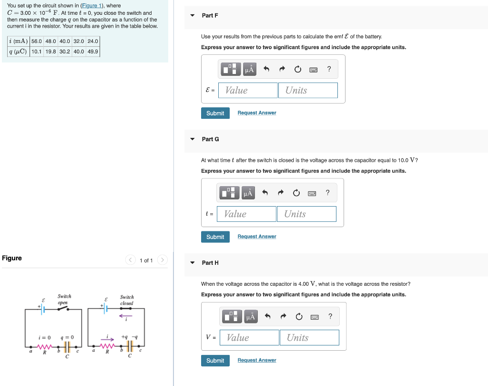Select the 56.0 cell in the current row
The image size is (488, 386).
tap(37, 41)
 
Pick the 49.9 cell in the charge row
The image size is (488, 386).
tap(92, 52)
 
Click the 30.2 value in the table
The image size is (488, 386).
tap(64, 52)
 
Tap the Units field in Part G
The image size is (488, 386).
tap(306, 214)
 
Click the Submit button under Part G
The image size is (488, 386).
tap(215, 237)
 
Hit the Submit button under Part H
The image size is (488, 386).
tap(215, 360)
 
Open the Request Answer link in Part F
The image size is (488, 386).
tap(257, 113)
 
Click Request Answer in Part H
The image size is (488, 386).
tap(257, 360)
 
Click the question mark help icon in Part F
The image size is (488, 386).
tap(329, 69)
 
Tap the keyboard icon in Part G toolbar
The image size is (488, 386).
tap(312, 193)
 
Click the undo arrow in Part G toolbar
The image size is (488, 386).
tap(265, 193)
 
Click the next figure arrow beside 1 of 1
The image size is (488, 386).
tap(163, 260)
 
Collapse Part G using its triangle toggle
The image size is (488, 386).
tap(193, 139)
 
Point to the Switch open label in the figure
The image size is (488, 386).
tap(64, 299)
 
